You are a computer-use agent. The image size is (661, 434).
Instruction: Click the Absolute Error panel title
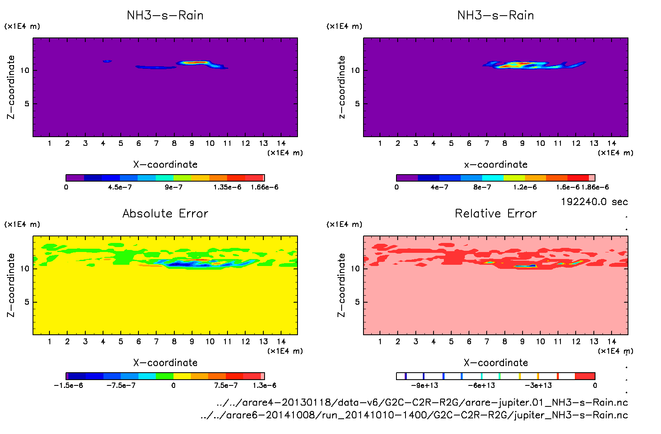pos(165,213)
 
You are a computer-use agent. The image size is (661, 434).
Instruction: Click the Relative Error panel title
pos(496,213)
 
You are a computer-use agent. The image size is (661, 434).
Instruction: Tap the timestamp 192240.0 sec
pos(594,202)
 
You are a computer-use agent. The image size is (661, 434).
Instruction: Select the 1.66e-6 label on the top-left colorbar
pos(264,187)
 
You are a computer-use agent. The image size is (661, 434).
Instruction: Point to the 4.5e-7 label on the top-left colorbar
pos(120,187)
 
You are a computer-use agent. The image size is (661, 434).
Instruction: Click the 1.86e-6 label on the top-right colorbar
pos(595,187)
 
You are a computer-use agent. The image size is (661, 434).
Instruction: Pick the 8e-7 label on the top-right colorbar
pos(482,187)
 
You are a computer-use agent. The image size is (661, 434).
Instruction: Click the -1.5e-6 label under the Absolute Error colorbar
pos(68,385)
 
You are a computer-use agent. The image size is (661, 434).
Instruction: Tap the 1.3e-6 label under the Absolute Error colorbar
pos(264,385)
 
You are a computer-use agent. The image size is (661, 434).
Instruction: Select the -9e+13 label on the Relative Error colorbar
pos(424,385)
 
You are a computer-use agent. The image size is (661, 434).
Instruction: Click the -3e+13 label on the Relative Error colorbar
pos(538,385)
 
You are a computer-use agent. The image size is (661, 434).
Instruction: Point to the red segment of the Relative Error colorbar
pos(585,376)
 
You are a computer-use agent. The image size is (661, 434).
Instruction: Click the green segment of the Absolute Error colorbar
pos(164,376)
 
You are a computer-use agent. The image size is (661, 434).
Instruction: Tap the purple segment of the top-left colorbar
pos(75,178)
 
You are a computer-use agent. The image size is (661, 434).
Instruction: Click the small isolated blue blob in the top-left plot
pos(107,61)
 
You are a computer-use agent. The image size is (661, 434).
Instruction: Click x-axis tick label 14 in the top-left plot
pos(281,143)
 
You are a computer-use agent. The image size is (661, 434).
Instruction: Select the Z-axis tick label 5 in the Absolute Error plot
pos(27,302)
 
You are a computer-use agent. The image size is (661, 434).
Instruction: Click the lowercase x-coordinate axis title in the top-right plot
pos(496,164)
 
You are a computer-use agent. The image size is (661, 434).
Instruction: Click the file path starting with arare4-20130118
pos(422,402)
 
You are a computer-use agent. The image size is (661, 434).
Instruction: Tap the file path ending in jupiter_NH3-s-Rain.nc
pos(414,415)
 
